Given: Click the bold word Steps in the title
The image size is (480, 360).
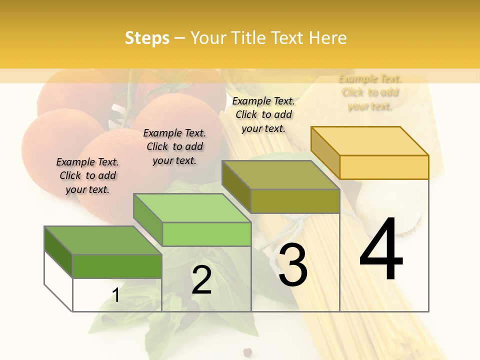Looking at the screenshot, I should (147, 38).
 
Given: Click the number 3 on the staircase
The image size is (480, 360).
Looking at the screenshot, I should (292, 265).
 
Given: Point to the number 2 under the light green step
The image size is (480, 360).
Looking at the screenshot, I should (202, 280).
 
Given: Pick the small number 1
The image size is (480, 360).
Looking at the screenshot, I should (115, 295).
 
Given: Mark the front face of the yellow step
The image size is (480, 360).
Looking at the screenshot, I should (384, 167).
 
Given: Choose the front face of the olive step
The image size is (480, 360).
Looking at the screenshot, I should (295, 201).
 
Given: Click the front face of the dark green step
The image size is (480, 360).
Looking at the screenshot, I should (117, 266).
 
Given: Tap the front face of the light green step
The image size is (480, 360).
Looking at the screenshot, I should (206, 234).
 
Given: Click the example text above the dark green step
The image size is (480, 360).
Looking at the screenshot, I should (87, 175).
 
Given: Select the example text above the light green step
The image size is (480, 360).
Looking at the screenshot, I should (174, 146).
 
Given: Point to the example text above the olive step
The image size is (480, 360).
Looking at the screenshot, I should (263, 114).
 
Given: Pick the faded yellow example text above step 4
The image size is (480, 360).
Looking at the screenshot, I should (370, 92).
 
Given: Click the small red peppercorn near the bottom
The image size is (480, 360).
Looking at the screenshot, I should (246, 352).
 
